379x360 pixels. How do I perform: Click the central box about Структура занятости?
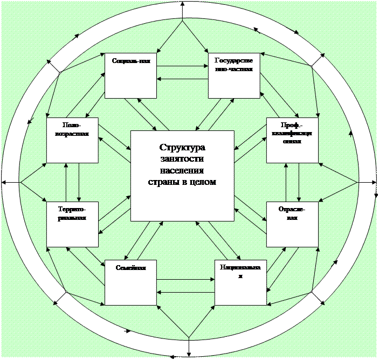pyautogui.click(x=182, y=175)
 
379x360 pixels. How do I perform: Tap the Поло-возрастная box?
pyautogui.click(x=73, y=140)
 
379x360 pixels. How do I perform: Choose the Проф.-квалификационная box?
pyautogui.click(x=292, y=140)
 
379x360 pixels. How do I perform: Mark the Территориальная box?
pyautogui.click(x=73, y=224)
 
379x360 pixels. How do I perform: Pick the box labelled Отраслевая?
pyautogui.click(x=292, y=224)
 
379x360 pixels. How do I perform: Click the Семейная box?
pyautogui.click(x=131, y=283)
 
